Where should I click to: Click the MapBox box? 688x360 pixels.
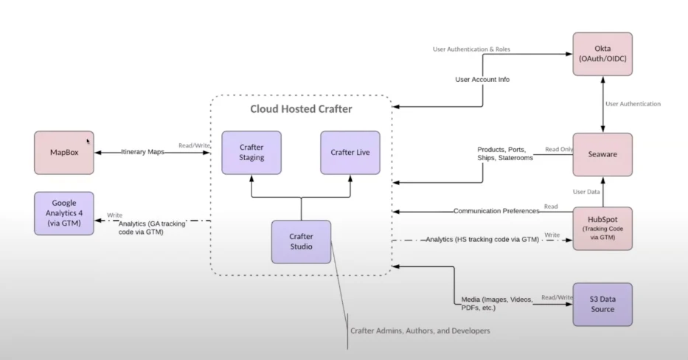64,153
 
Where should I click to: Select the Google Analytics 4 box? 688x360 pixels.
64,213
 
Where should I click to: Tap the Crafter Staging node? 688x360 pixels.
251,153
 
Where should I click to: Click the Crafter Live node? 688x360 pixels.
350,153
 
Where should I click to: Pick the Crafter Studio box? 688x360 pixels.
301,242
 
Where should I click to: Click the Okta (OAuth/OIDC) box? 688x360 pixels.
602,54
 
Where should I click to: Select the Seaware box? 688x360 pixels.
602,154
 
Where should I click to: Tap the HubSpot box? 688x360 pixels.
602,228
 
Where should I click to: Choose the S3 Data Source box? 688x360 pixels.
602,304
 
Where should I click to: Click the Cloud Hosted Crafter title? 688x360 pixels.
300,109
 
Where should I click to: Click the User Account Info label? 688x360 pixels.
482,79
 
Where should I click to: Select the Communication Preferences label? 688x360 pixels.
496,211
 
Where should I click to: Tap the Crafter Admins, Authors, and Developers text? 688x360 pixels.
420,330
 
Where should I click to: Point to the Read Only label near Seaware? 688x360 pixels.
557,149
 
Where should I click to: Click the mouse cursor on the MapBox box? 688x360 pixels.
88,141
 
